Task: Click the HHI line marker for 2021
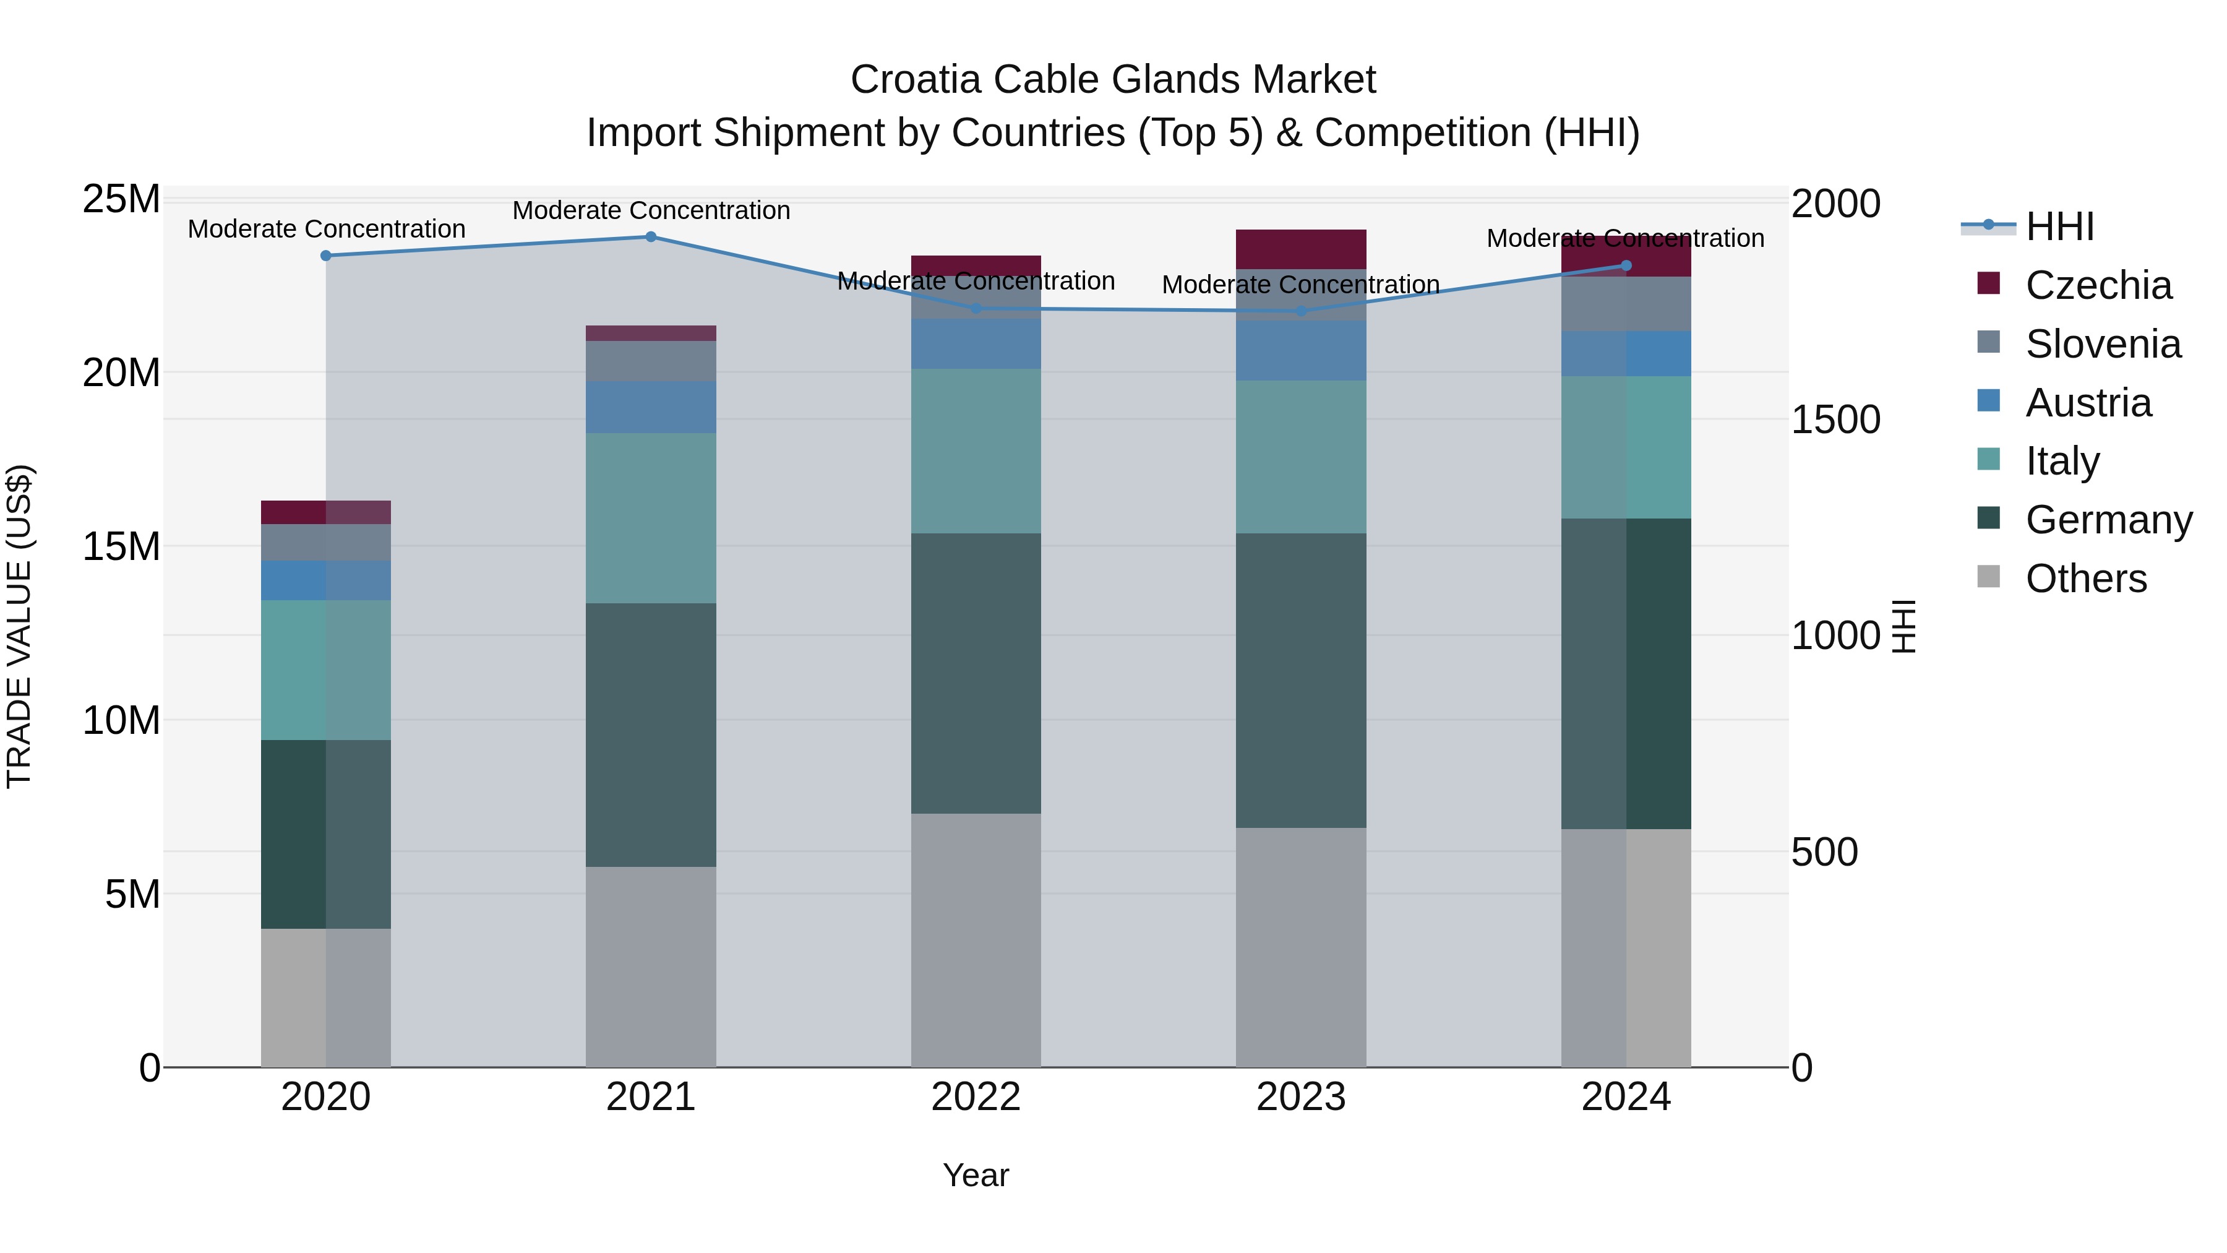(651, 237)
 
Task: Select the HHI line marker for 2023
(1300, 311)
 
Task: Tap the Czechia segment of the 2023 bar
(1300, 249)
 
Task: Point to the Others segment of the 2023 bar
(1300, 947)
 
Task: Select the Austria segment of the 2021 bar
(651, 407)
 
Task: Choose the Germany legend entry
(2108, 520)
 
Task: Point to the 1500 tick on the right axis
(1835, 420)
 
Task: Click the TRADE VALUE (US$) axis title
(19, 626)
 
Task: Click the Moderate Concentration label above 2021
(651, 210)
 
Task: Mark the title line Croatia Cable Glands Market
(1113, 80)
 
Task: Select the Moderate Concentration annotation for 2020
(326, 229)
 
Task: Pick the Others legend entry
(2085, 579)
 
